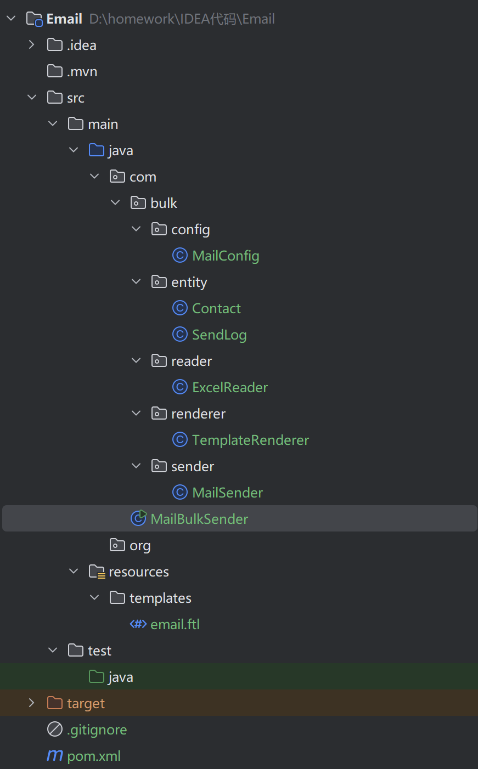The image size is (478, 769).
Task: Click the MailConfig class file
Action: coord(225,256)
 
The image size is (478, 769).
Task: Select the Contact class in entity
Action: coord(216,308)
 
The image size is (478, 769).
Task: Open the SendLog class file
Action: coord(219,335)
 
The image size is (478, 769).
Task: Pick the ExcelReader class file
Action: coord(229,387)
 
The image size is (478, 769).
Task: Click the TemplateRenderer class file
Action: coord(250,440)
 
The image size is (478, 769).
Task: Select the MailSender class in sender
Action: coord(227,493)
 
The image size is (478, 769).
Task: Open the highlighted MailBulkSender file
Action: coord(199,519)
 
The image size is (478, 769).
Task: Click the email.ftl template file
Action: coord(175,624)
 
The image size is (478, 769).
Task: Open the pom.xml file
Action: coord(93,756)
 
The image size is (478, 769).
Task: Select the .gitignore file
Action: coord(97,730)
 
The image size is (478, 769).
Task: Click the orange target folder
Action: coord(85,703)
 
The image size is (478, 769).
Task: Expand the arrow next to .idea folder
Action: coord(32,45)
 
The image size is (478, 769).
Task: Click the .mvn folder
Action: coord(82,71)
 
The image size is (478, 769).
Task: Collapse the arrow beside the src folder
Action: coord(32,98)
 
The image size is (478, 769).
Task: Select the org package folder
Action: coord(139,545)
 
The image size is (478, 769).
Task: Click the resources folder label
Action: coord(138,572)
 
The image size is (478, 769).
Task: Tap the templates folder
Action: coord(160,598)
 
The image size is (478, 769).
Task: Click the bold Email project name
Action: coord(64,19)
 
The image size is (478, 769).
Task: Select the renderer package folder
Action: coord(198,414)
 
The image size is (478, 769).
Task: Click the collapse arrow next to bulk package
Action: coord(115,203)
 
